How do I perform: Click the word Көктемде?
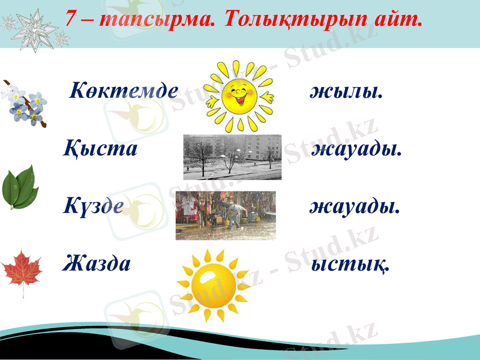click(124, 91)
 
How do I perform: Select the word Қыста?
click(101, 148)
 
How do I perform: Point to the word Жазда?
click(97, 263)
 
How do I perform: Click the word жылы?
click(347, 92)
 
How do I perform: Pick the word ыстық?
click(350, 263)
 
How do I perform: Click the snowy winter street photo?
click(232, 157)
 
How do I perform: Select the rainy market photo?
click(226, 215)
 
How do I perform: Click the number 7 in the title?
click(71, 19)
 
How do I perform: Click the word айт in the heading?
click(401, 20)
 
